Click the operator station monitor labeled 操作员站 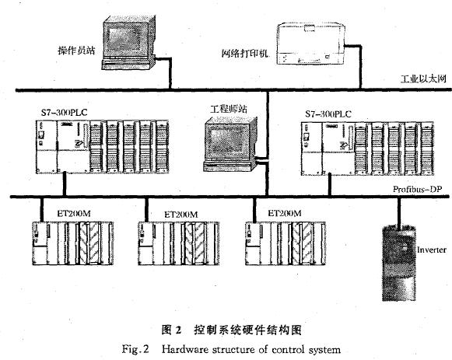click(128, 43)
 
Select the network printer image click(311, 44)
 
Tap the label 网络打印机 click(245, 54)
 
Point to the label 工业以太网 click(423, 79)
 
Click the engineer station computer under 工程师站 click(230, 145)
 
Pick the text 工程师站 click(229, 109)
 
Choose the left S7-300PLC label click(64, 112)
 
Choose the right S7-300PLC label click(328, 114)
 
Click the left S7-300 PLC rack click(103, 147)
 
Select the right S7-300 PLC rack click(367, 149)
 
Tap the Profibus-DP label click(418, 189)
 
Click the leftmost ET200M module click(72, 243)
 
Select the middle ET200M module click(178, 243)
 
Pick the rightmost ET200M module click(286, 243)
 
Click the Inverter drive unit click(399, 264)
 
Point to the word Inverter click(432, 250)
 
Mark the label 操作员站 click(76, 51)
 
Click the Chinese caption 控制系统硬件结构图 click(247, 330)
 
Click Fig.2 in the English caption click(135, 349)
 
